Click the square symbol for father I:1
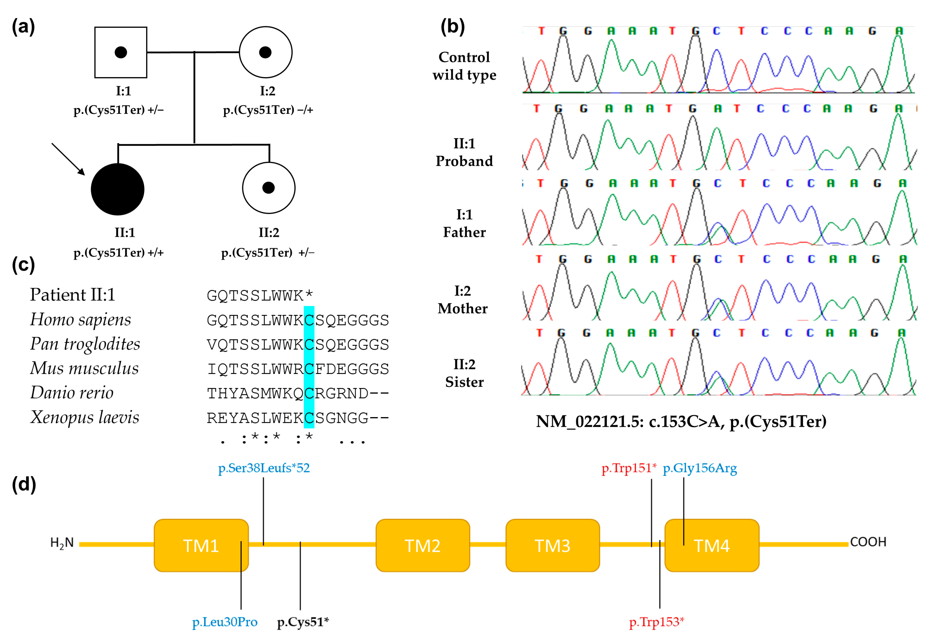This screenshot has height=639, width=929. (121, 53)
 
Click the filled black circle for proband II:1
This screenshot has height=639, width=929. (117, 189)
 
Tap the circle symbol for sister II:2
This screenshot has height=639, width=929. (268, 187)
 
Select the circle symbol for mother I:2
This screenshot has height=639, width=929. (266, 52)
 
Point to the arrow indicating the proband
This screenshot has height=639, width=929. (68, 159)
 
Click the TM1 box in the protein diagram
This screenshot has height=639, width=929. (201, 545)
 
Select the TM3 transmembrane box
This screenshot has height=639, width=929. (552, 545)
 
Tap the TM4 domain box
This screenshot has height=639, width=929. (712, 545)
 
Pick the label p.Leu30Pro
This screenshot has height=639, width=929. (225, 622)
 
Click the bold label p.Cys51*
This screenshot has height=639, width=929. (303, 622)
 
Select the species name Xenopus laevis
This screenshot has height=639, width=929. (84, 417)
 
